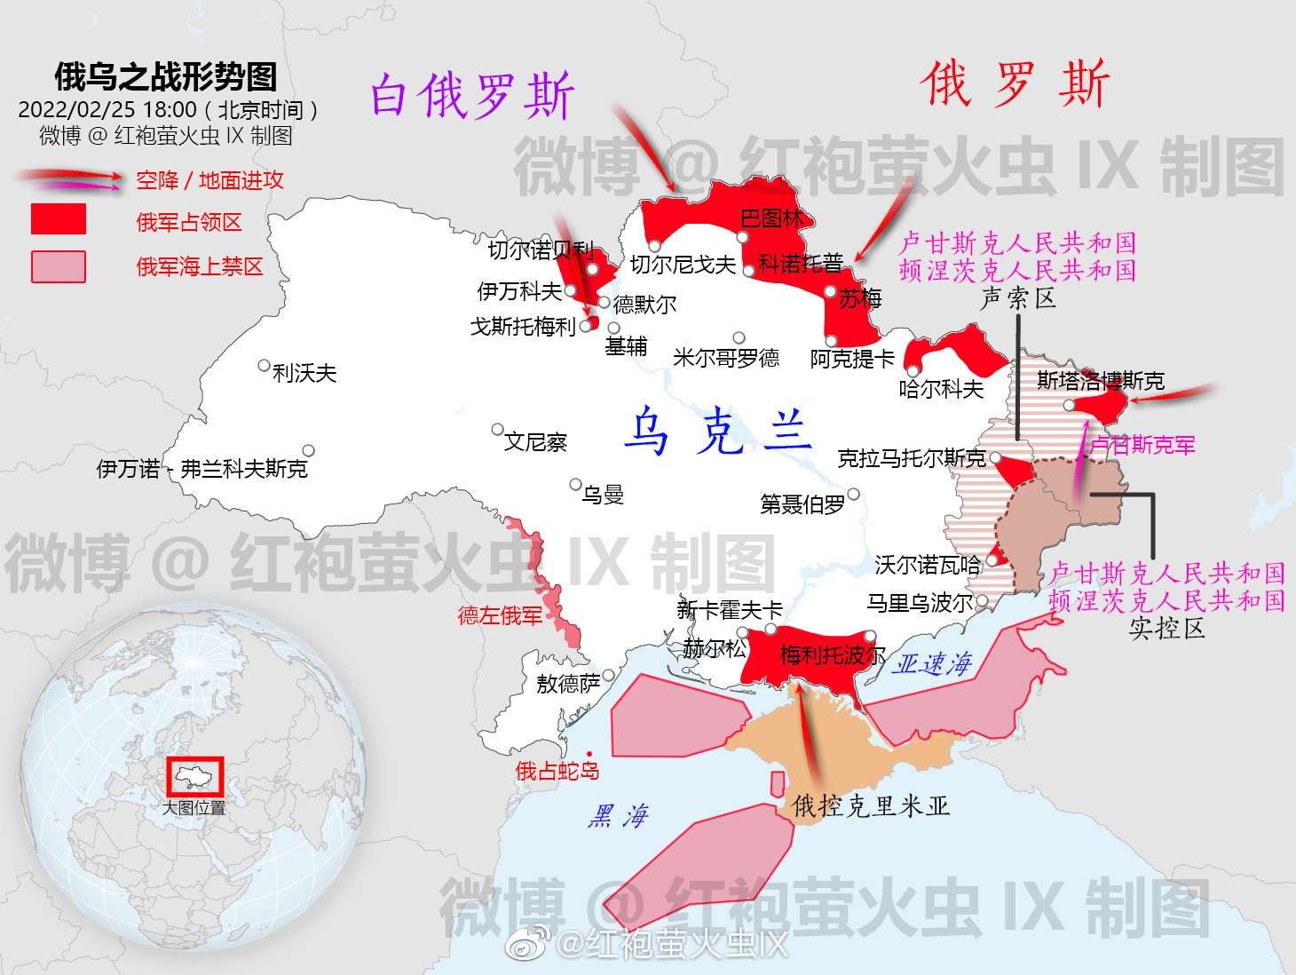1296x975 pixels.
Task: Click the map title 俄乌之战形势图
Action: (166, 77)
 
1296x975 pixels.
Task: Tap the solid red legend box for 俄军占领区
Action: (59, 219)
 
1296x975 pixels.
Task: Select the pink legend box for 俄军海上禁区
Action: (59, 266)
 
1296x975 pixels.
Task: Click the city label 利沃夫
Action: (304, 373)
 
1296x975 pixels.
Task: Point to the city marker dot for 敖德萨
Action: (609, 676)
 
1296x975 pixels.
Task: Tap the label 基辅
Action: (626, 346)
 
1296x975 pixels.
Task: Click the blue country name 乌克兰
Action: (718, 432)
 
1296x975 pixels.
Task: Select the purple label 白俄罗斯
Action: (472, 96)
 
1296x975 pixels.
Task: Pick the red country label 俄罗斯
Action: (1015, 85)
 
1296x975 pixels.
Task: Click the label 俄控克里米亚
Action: (871, 805)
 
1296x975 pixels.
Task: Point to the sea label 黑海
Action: (618, 816)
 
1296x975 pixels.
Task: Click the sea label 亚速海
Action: (933, 664)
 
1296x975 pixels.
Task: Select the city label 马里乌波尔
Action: (920, 604)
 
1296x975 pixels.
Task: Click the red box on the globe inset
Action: (195, 777)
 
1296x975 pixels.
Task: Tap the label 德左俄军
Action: (500, 615)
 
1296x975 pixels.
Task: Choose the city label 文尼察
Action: (534, 441)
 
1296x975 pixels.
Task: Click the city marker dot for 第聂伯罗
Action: (853, 495)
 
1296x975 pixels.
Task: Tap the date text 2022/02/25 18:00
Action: (107, 110)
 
